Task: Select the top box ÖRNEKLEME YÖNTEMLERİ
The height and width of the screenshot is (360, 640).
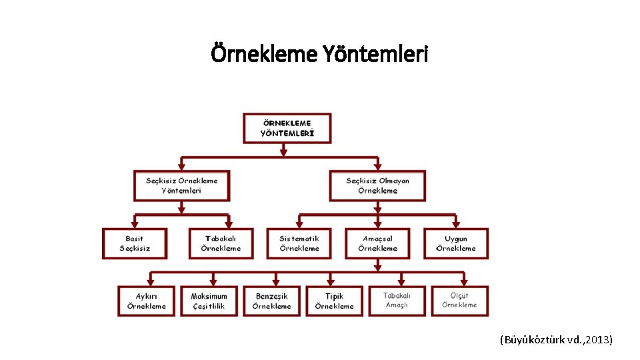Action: coord(287,128)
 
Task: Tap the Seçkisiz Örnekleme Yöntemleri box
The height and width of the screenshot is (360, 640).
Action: coord(181,185)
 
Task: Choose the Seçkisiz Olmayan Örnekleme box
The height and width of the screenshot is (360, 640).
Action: coord(377,185)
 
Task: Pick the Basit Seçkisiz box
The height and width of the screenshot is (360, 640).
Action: coord(135,243)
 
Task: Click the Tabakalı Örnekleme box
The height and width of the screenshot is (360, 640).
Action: coord(221,243)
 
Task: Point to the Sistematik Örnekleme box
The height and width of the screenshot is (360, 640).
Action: coord(299,243)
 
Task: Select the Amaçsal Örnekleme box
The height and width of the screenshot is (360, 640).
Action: coord(377,243)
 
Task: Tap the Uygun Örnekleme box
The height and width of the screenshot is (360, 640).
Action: coord(456,243)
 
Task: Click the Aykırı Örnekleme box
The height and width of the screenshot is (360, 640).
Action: coord(147,301)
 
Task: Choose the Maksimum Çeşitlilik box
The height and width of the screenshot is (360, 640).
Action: coord(209,301)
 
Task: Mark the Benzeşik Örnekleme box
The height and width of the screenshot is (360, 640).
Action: coord(272,301)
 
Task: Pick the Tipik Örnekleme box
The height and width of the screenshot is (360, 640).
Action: coord(335,301)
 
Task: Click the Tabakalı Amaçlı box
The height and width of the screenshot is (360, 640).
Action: coord(397,301)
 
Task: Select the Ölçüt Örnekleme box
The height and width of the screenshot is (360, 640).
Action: coord(459,301)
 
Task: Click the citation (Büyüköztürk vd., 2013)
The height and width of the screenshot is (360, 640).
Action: coord(555,340)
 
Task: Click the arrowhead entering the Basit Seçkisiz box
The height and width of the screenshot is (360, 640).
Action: coord(135,224)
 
